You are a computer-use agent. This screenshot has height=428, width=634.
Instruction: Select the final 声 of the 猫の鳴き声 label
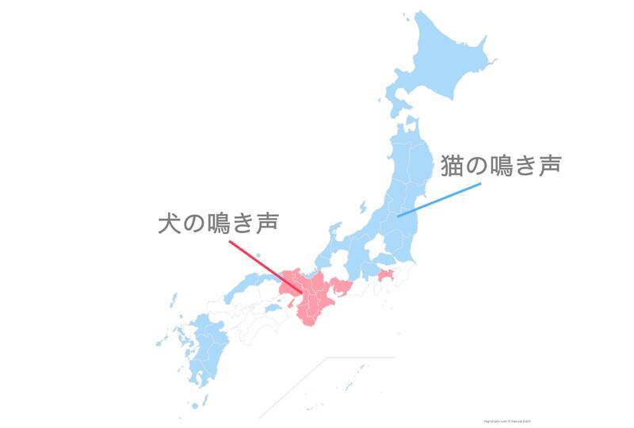[x=548, y=166]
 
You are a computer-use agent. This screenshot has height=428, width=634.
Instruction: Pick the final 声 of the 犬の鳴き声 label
[x=266, y=223]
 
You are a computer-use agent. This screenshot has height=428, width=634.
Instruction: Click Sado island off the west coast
[x=363, y=208]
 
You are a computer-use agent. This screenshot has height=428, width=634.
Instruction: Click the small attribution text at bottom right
[x=506, y=421]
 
